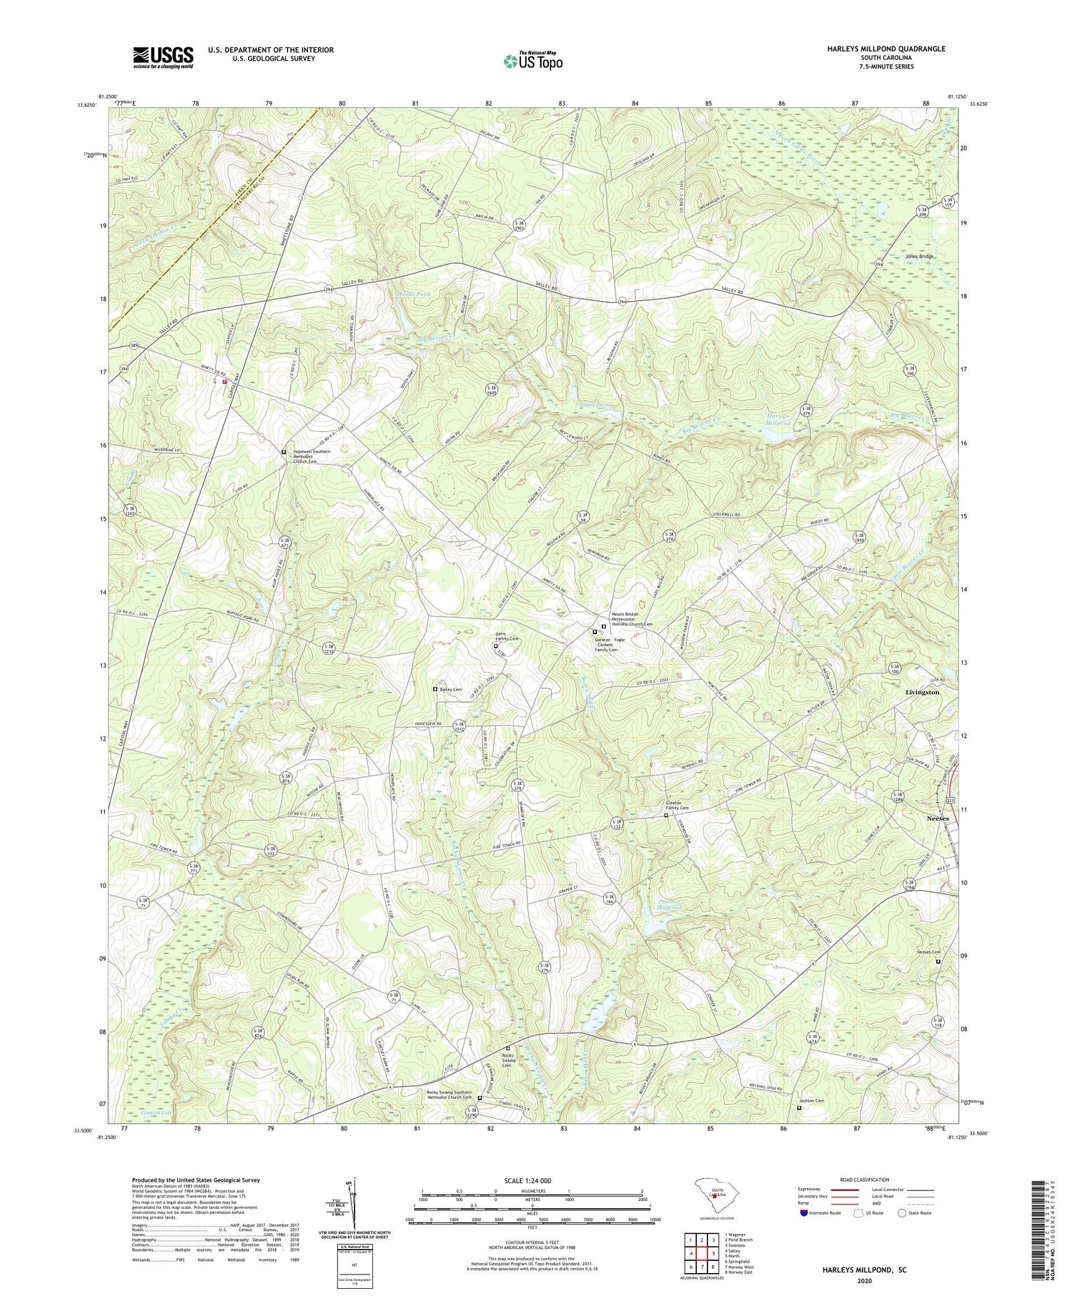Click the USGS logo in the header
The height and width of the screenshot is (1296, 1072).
tap(163, 57)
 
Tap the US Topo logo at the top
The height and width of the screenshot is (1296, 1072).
tap(532, 61)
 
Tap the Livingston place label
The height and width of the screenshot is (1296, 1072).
tap(922, 693)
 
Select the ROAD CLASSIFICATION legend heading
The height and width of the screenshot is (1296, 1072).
tap(865, 1180)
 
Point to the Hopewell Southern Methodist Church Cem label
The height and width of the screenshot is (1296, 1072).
tap(312, 457)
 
